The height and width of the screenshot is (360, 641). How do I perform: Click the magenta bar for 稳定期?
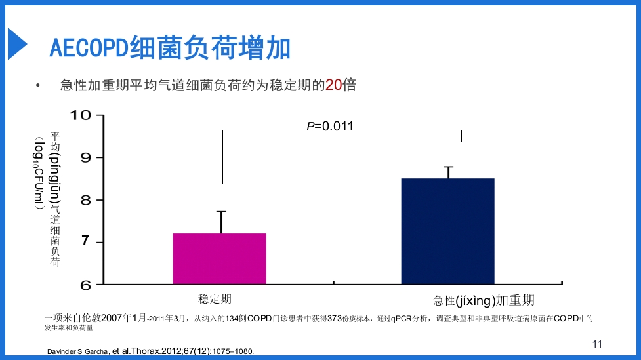[219, 259]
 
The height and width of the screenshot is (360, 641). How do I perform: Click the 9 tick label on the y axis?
[85, 157]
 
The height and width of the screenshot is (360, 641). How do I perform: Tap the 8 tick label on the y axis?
[85, 200]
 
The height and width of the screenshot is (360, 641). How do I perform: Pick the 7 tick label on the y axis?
[85, 243]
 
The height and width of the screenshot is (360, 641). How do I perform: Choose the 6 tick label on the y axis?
[85, 285]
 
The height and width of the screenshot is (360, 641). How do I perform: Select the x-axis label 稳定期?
[215, 300]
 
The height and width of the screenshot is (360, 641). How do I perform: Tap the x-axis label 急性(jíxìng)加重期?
[484, 301]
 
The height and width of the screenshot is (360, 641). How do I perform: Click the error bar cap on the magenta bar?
[222, 212]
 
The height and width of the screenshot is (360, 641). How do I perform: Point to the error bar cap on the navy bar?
[448, 167]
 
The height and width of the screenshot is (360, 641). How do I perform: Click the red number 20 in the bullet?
[333, 85]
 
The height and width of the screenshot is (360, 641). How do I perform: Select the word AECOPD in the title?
[89, 49]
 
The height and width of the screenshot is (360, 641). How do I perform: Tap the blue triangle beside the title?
[16, 45]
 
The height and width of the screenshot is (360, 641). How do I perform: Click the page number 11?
[596, 344]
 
